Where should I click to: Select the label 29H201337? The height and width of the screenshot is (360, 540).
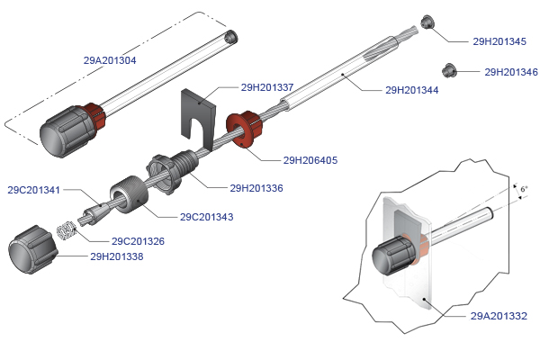click(267, 87)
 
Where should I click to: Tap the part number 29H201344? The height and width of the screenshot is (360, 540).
click(411, 90)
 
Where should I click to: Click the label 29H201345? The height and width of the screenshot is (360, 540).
click(499, 41)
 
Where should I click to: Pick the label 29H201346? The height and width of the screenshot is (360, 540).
click(511, 72)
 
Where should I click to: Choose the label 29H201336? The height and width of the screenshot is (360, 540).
click(256, 188)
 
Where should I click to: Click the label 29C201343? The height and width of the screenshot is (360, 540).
click(207, 217)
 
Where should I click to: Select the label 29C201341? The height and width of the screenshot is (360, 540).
click(34, 190)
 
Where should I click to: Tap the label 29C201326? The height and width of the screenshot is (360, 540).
click(138, 241)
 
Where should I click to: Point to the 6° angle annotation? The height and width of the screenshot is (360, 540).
click(524, 189)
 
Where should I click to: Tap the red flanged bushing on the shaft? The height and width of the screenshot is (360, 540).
click(242, 130)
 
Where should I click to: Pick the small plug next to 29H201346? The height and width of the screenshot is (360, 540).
click(447, 69)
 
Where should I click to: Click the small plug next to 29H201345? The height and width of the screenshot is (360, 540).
click(428, 23)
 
